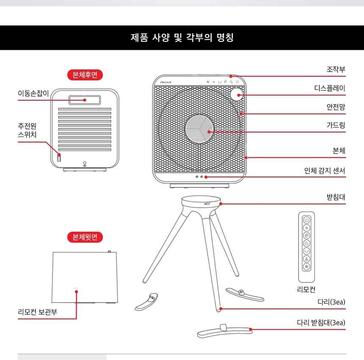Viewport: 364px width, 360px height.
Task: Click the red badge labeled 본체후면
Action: pyautogui.click(x=85, y=75)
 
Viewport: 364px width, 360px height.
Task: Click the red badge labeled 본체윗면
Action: pyautogui.click(x=85, y=237)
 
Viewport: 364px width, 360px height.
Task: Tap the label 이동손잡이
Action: pyautogui.click(x=33, y=93)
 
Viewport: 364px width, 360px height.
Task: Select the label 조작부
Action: pyautogui.click(x=336, y=69)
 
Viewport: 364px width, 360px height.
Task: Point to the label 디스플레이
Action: pyautogui.click(x=330, y=88)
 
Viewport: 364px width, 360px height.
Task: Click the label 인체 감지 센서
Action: pyautogui.click(x=325, y=170)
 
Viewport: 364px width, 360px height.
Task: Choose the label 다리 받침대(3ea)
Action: pyautogui.click(x=321, y=323)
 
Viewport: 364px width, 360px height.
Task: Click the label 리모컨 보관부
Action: pyautogui.click(x=37, y=312)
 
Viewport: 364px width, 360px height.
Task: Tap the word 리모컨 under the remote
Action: pyautogui.click(x=306, y=290)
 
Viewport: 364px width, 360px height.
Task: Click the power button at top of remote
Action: pyautogui.click(x=306, y=220)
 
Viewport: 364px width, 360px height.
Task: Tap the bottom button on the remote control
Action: pyautogui.click(x=306, y=267)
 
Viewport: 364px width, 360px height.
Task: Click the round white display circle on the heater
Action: pyautogui.click(x=238, y=94)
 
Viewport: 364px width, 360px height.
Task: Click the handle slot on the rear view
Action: pyautogui.click(x=85, y=100)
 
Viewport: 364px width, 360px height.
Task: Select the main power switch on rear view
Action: pyautogui.click(x=60, y=158)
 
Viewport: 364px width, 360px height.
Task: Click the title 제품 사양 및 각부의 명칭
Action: pyautogui.click(x=182, y=38)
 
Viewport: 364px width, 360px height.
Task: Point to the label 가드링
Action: pyautogui.click(x=336, y=125)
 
